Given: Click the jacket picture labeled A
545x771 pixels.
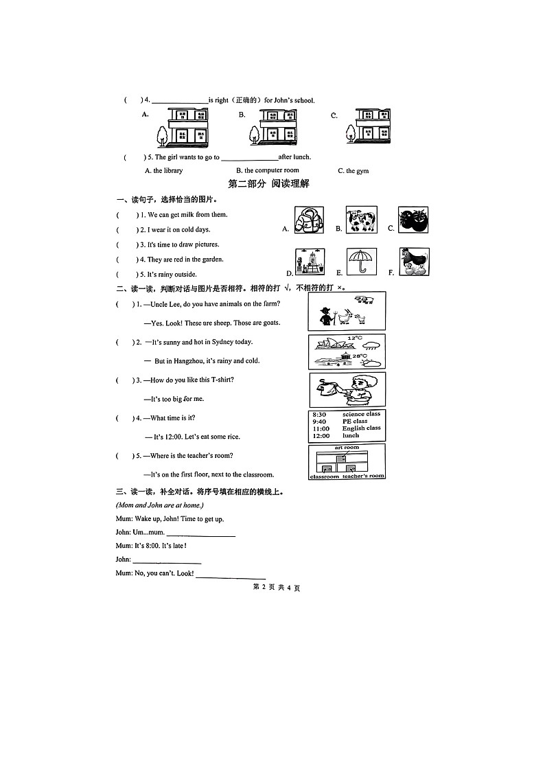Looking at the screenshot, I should (x=308, y=222).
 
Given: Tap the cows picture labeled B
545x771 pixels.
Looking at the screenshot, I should (x=360, y=222).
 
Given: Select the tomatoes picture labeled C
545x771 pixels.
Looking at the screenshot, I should (x=413, y=222).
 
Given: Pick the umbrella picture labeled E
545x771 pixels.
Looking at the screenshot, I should (x=361, y=262).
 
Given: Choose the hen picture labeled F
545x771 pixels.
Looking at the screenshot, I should (x=414, y=262).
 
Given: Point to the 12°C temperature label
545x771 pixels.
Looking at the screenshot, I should (x=354, y=338).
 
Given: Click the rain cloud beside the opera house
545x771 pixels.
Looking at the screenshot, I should (x=371, y=345).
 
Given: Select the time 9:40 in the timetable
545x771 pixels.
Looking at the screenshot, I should (x=320, y=422).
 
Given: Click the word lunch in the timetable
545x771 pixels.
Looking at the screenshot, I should (x=351, y=435).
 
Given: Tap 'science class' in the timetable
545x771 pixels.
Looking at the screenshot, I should (x=361, y=414).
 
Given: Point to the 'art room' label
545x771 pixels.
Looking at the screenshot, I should (x=347, y=448).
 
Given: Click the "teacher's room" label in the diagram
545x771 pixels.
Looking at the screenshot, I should (x=363, y=476).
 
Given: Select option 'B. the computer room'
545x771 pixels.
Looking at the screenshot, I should (x=268, y=170).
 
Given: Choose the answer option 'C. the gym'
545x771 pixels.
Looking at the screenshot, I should (x=353, y=171).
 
